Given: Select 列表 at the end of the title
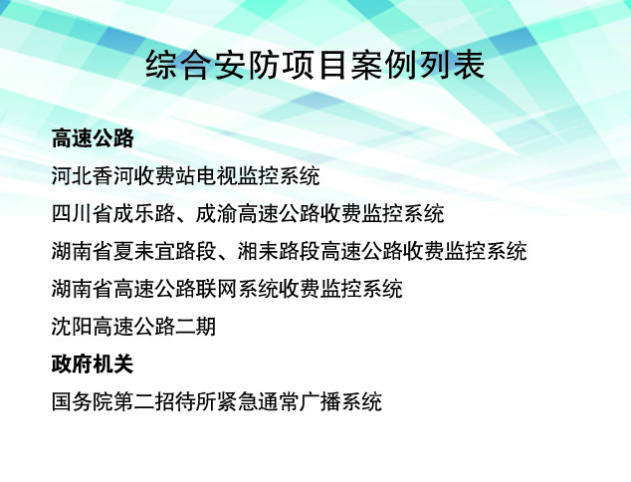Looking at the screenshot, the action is tap(452, 65).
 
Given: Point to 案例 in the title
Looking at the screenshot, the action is tap(383, 65).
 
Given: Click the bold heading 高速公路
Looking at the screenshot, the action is tap(93, 138).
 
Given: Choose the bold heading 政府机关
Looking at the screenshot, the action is tap(93, 364).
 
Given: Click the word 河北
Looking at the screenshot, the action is tap(72, 176).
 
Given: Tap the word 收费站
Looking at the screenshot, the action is tap(165, 176).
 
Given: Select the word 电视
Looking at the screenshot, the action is tap(217, 176).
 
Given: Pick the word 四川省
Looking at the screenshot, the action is tap(82, 213).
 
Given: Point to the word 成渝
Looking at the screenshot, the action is tap(217, 213).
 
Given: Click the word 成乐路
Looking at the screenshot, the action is tap(144, 213).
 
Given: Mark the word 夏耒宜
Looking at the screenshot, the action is tap(144, 251).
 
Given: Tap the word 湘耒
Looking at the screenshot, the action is tap(258, 251).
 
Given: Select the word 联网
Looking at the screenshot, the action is tap(217, 289).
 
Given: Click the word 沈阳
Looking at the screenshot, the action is tap(72, 327).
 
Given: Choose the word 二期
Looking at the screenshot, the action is tap(196, 327).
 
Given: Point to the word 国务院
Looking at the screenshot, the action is tap(82, 402).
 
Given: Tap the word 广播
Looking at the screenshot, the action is tap(319, 402).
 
